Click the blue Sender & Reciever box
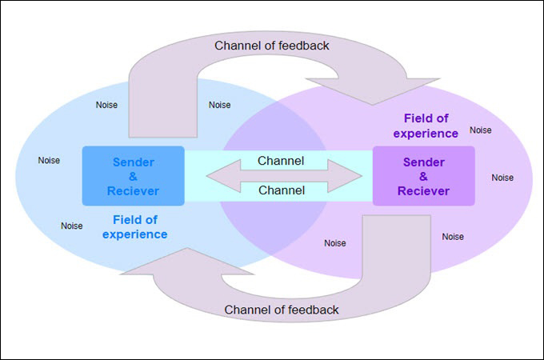coord(133,175)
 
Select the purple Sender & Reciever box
coord(423,175)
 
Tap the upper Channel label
coord(281,161)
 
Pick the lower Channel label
coord(281,190)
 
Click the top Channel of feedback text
coord(272,45)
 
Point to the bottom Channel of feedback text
coord(282,310)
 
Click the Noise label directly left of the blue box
coord(49,161)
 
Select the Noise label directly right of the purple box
coord(502,178)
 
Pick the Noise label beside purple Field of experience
coord(481,130)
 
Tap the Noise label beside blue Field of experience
coord(72,226)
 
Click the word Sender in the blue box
coord(133,162)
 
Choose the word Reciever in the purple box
coord(423,191)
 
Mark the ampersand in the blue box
coord(133,177)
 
